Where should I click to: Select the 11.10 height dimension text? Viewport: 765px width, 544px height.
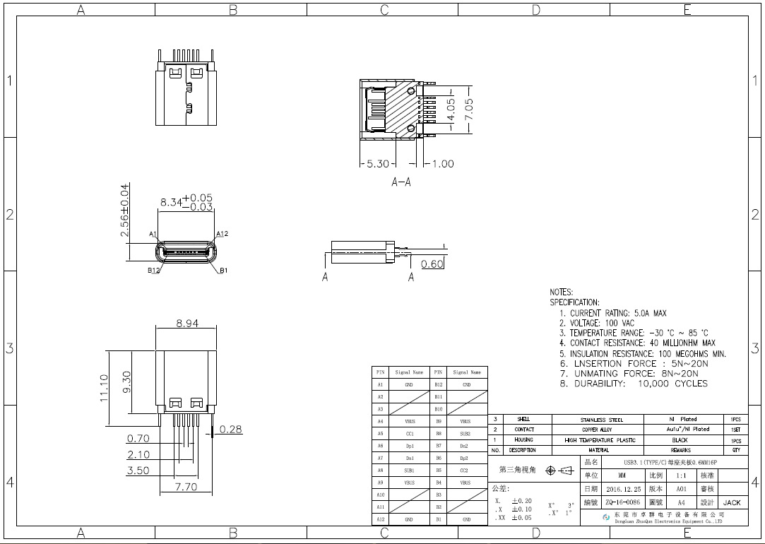[105, 388]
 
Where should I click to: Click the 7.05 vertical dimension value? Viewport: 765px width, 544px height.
[468, 110]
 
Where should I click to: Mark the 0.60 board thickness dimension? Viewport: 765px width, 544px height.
[432, 264]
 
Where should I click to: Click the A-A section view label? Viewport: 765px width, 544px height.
[401, 182]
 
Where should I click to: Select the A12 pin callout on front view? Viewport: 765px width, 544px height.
[222, 234]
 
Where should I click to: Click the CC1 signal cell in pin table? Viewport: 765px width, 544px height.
[409, 434]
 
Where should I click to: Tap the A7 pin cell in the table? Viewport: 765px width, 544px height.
[380, 458]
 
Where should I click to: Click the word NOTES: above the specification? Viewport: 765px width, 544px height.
[562, 292]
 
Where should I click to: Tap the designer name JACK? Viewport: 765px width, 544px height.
[732, 502]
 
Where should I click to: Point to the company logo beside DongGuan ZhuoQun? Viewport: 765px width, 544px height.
[606, 517]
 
